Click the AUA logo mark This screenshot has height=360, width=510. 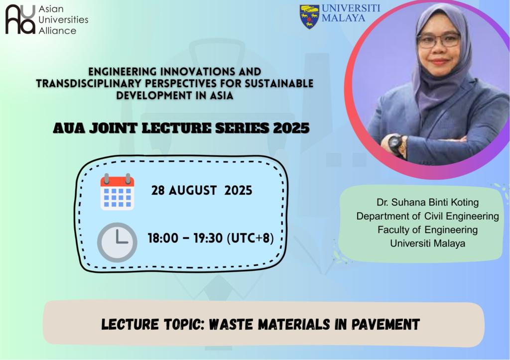point(20,19)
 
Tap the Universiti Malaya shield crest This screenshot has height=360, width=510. point(309,17)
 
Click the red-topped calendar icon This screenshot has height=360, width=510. point(117,192)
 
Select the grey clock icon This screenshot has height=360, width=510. point(117,242)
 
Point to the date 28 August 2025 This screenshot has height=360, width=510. point(202,190)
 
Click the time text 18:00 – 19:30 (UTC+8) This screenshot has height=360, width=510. point(211,238)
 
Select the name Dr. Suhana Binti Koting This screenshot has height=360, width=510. point(427,202)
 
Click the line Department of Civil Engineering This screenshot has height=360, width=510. point(427,216)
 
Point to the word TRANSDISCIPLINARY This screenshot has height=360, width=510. point(89,83)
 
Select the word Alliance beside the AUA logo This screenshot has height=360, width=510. point(57,30)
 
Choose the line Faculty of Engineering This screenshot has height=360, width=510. point(427,230)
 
